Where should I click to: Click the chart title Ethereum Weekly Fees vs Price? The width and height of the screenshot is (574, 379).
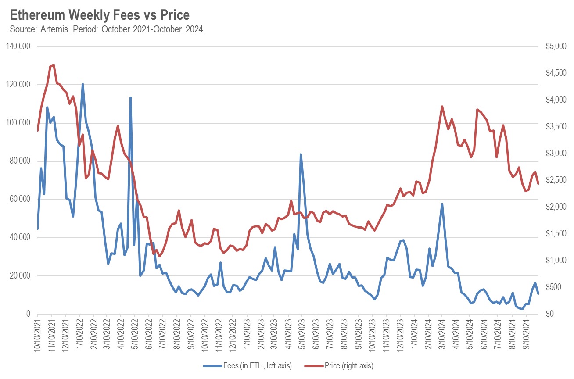pyautogui.click(x=100, y=15)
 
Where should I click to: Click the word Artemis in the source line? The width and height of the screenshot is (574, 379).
pyautogui.click(x=57, y=30)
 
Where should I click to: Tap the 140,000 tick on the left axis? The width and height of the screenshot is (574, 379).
pyautogui.click(x=18, y=46)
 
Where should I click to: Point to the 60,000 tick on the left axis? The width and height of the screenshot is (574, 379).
pyautogui.click(x=20, y=200)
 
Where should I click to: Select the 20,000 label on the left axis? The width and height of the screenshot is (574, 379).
pyautogui.click(x=20, y=276)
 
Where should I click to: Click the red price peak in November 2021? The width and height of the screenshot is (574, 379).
pyautogui.click(x=54, y=65)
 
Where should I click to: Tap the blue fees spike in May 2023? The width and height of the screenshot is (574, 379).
pyautogui.click(x=301, y=154)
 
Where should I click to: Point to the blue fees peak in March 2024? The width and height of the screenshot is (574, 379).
pyautogui.click(x=442, y=204)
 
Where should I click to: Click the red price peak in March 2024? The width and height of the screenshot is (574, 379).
pyautogui.click(x=442, y=106)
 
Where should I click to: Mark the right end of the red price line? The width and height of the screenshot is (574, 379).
pyautogui.click(x=538, y=184)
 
